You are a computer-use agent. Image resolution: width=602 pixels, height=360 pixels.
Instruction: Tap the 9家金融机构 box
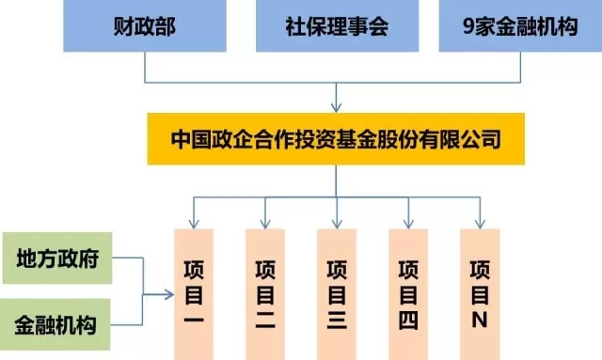(520, 25)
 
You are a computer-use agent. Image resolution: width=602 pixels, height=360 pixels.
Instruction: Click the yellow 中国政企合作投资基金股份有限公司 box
(337, 140)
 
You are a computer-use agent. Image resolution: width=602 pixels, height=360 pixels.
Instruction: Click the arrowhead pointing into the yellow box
(337, 107)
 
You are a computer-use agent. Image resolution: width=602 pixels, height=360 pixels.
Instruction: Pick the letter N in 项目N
(479, 321)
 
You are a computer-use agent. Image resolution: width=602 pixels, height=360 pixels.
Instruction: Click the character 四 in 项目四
(407, 321)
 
